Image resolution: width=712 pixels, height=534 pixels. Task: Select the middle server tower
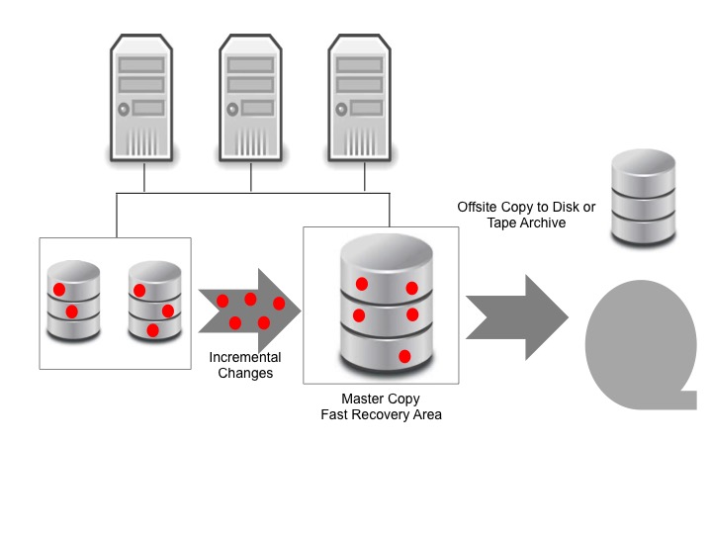point(251,99)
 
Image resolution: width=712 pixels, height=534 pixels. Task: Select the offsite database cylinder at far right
point(644,198)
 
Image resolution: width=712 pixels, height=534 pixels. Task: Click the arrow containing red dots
point(248,311)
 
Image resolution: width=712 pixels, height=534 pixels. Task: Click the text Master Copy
point(381,400)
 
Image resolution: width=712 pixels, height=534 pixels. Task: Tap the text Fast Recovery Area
point(381,415)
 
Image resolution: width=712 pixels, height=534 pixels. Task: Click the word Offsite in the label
point(479,208)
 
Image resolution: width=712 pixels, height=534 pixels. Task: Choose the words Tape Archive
point(526,223)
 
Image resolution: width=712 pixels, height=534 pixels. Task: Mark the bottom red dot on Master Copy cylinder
point(404,355)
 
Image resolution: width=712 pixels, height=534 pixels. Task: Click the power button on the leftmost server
point(125,109)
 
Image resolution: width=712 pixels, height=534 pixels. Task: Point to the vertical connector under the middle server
point(251,177)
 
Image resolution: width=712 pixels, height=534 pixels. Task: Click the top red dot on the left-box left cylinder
point(59,290)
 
